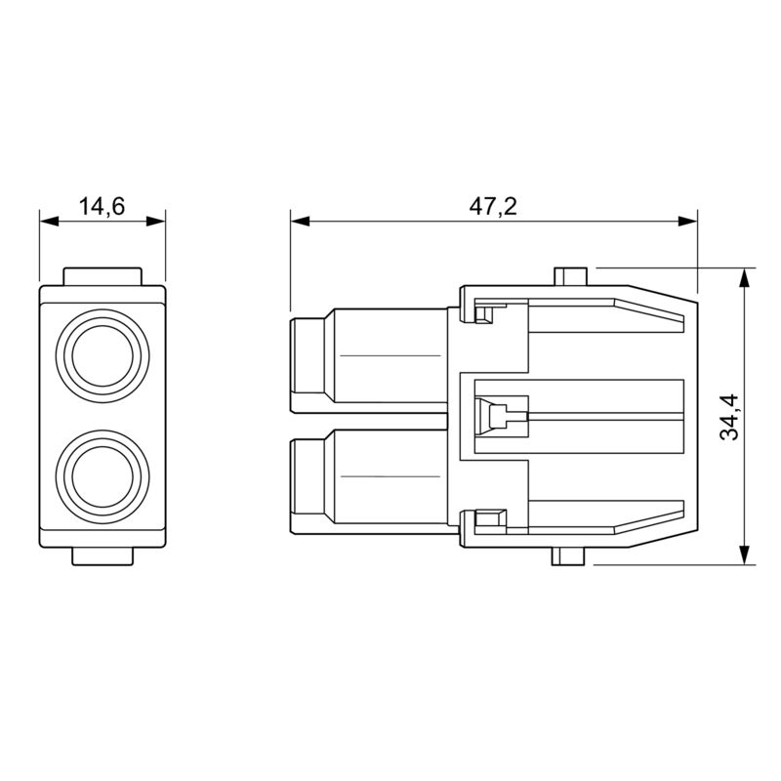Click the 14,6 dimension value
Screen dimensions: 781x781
pyautogui.click(x=102, y=206)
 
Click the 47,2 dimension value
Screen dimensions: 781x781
pyautogui.click(x=494, y=206)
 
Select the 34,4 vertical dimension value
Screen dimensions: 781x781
pyautogui.click(x=729, y=417)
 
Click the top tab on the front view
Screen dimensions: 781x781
pyautogui.click(x=102, y=276)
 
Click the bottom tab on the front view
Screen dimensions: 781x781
pyautogui.click(x=102, y=557)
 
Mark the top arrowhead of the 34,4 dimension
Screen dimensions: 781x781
pyautogui.click(x=745, y=275)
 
